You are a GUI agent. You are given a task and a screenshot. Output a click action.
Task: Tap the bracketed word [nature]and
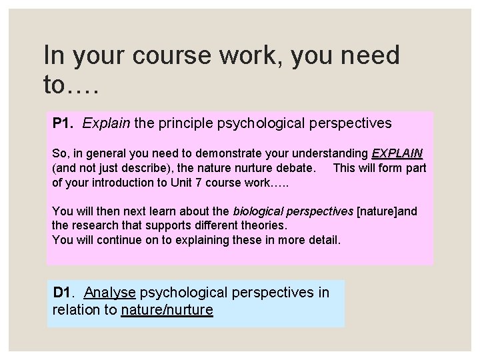tap(387, 212)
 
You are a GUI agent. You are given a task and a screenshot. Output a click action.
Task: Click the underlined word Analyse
tap(111, 293)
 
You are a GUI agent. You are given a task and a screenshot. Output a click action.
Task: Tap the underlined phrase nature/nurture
tap(167, 309)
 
